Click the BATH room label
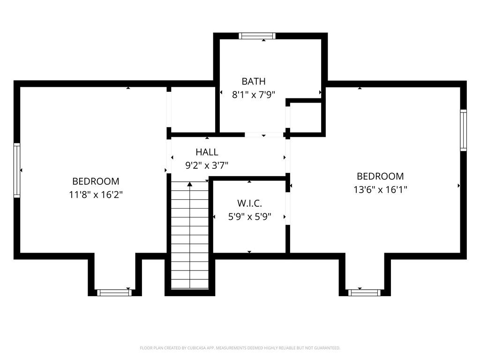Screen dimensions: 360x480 click(x=254, y=81)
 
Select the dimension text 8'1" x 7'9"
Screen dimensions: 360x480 click(x=254, y=94)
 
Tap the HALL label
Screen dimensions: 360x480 click(x=207, y=152)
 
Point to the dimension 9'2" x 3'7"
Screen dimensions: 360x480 click(x=207, y=165)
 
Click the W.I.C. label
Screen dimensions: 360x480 click(x=249, y=203)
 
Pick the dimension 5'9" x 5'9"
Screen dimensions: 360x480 click(x=249, y=217)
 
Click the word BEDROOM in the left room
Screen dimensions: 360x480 click(x=96, y=181)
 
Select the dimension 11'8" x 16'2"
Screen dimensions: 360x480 click(x=96, y=194)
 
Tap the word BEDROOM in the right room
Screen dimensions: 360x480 click(x=380, y=176)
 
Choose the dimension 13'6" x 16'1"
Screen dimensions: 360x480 click(x=380, y=189)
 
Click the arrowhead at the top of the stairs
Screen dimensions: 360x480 click(x=190, y=185)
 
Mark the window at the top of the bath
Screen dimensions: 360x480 click(x=257, y=36)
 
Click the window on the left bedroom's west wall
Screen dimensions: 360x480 click(x=17, y=170)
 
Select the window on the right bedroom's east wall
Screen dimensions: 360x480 click(x=463, y=130)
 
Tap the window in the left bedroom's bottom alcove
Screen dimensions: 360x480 click(x=114, y=292)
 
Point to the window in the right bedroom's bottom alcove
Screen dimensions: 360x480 click(x=364, y=292)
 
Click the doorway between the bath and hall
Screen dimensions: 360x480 click(x=264, y=135)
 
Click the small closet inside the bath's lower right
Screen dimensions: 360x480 click(x=305, y=117)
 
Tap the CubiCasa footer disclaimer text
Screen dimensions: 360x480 click(x=240, y=348)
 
